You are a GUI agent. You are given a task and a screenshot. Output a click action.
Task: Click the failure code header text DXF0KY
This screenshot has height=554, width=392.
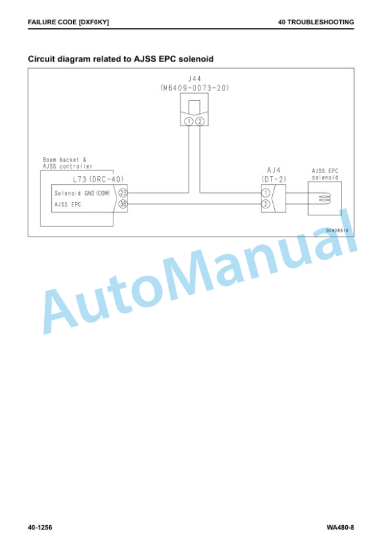(x=94, y=22)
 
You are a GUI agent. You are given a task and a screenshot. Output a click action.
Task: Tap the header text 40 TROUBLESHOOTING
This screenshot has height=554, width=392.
(x=316, y=22)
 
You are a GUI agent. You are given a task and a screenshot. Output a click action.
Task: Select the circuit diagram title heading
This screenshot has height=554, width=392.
(x=120, y=59)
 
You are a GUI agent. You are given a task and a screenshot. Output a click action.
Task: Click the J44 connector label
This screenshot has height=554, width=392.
(x=195, y=79)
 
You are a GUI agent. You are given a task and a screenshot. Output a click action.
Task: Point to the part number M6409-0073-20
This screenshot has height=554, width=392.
(x=195, y=88)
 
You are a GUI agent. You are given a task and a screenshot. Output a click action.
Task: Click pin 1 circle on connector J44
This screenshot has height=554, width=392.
(x=189, y=122)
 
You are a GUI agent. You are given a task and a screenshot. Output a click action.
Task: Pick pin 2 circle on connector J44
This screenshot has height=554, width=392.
(x=200, y=122)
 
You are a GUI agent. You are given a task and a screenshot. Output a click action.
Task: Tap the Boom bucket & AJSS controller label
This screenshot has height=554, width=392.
(x=68, y=163)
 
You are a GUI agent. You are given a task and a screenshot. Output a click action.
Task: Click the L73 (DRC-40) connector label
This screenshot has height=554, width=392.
(x=99, y=179)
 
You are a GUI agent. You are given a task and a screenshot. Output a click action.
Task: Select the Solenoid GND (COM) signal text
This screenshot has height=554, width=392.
(x=82, y=193)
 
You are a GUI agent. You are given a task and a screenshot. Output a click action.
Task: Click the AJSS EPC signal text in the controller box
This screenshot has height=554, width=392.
(x=67, y=204)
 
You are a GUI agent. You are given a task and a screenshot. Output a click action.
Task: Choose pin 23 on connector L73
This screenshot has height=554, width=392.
(x=123, y=193)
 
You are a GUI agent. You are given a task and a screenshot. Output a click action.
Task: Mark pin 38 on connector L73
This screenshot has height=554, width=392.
(x=123, y=204)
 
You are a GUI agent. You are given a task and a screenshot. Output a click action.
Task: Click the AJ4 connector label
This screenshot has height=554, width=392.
(x=274, y=171)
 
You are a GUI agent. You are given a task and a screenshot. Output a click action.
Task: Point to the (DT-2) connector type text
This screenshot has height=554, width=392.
(x=274, y=179)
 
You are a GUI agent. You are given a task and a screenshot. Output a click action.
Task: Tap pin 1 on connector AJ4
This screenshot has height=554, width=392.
(x=266, y=193)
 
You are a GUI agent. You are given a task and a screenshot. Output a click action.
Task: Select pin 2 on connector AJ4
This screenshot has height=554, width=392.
(x=266, y=204)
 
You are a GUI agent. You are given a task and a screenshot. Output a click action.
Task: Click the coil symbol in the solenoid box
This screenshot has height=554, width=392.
(x=325, y=199)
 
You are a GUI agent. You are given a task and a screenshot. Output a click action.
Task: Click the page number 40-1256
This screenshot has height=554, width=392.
(x=40, y=528)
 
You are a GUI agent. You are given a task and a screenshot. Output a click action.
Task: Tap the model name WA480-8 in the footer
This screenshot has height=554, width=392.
(x=340, y=528)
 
